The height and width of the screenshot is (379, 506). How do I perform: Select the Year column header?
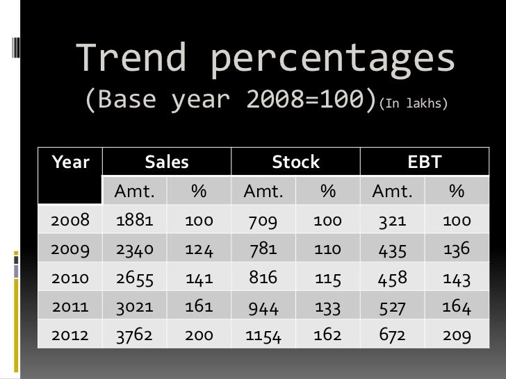(70, 162)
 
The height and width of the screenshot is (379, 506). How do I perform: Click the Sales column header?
(167, 162)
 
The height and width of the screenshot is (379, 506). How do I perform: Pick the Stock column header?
(295, 162)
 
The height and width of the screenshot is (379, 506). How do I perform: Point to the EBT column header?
(424, 162)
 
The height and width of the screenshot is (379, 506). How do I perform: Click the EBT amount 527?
(392, 307)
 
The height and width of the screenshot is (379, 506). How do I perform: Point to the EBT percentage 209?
(457, 336)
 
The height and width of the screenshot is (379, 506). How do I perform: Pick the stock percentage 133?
(327, 307)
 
